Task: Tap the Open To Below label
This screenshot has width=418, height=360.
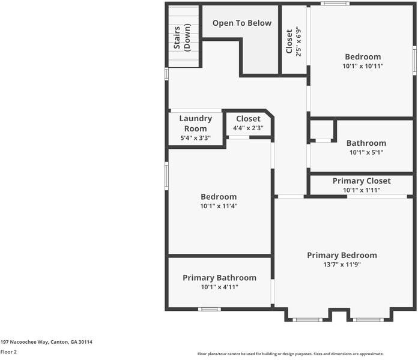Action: point(241,23)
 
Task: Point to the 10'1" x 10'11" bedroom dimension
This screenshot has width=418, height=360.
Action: point(362,66)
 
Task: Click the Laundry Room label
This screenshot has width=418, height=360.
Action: point(195,124)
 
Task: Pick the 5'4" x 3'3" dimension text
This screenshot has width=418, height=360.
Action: point(195,139)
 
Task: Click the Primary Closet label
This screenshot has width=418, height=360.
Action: point(362,181)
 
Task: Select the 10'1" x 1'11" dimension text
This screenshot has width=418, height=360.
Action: point(362,190)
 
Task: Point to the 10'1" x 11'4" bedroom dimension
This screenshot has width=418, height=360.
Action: point(219,206)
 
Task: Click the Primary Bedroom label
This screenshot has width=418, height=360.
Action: point(342,255)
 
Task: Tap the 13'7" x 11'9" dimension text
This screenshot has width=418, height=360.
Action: point(342,264)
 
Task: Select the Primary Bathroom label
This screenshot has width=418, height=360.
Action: point(219,278)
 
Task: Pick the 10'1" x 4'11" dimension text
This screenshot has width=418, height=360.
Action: point(219,287)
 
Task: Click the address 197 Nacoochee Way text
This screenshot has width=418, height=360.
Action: point(46,341)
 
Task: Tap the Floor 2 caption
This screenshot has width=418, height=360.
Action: point(8,352)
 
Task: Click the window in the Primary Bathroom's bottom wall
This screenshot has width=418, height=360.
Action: point(209,309)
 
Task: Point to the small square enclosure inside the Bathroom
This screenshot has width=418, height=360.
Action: point(321,130)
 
